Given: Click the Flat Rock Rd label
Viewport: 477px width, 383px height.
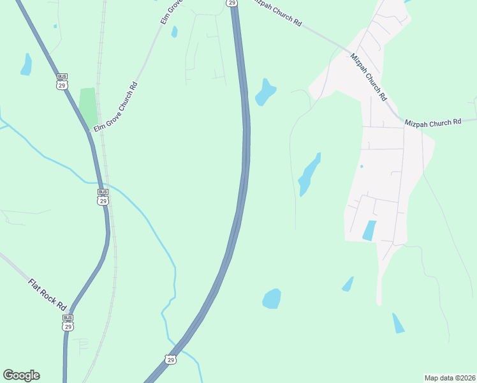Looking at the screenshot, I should coord(47,294).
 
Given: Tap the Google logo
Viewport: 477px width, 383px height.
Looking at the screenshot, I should coord(21,375).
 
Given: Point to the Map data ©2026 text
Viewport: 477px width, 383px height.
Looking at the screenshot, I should coord(450,377).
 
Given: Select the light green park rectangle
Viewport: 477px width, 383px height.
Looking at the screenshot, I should coord(87,106).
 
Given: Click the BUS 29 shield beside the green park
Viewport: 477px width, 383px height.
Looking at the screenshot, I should coord(62,81).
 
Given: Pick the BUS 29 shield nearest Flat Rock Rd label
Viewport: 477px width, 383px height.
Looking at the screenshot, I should coord(68,322).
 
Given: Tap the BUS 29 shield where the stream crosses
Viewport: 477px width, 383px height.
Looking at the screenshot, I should coord(103,197).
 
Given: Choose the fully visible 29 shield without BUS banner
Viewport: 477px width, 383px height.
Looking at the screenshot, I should coord(170,360).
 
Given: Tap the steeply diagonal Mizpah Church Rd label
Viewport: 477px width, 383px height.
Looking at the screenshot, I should coord(369,77).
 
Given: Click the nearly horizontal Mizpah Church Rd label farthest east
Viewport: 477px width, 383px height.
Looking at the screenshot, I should coord(432,121).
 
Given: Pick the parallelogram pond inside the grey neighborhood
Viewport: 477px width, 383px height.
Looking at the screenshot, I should coord(369,230).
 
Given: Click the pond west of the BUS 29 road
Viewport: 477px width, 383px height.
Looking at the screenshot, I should coord(26,64).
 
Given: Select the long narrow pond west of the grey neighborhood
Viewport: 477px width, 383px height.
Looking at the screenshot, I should coord(309,174).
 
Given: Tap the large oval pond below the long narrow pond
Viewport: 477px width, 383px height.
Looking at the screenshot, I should coord(272,299).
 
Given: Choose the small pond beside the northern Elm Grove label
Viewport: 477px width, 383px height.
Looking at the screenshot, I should coord(174,32).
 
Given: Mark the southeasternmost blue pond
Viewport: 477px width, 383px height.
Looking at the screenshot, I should coord(398,323).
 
